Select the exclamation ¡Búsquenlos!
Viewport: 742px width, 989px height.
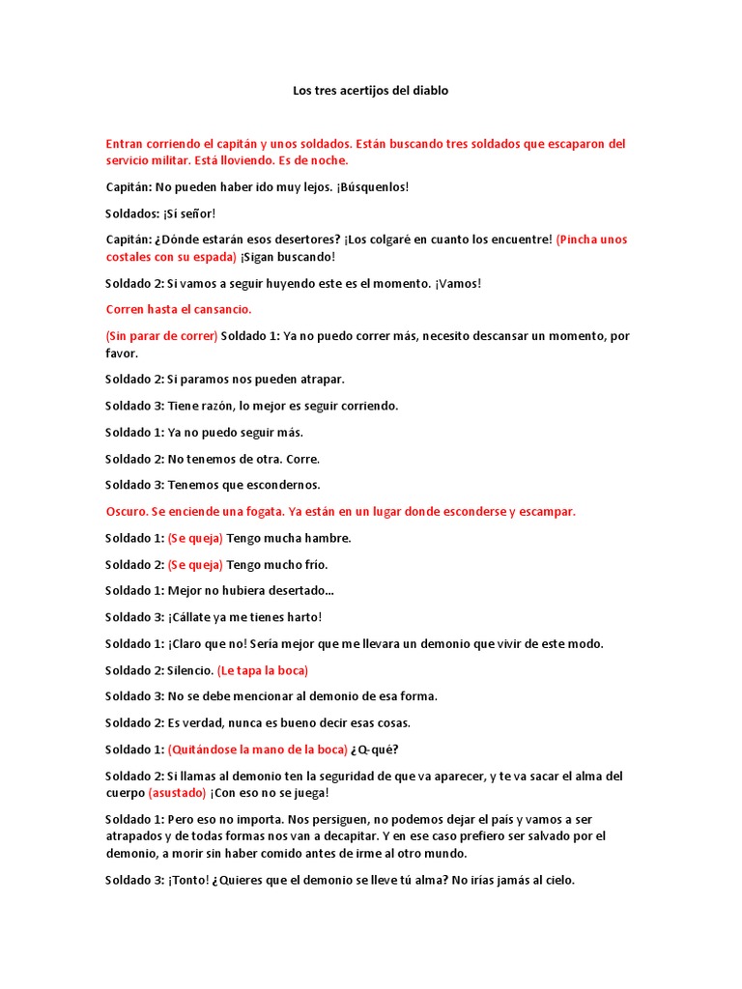pyautogui.click(x=360, y=187)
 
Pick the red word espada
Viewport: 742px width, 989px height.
pyautogui.click(x=214, y=257)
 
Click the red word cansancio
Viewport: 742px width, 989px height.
pyautogui.click(x=221, y=309)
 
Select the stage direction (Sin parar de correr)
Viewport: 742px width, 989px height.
pyautogui.click(x=161, y=336)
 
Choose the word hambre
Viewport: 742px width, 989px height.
pyautogui.click(x=329, y=538)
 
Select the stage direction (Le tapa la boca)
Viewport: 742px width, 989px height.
pyautogui.click(x=263, y=669)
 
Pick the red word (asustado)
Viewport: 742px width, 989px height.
pyautogui.click(x=177, y=793)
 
